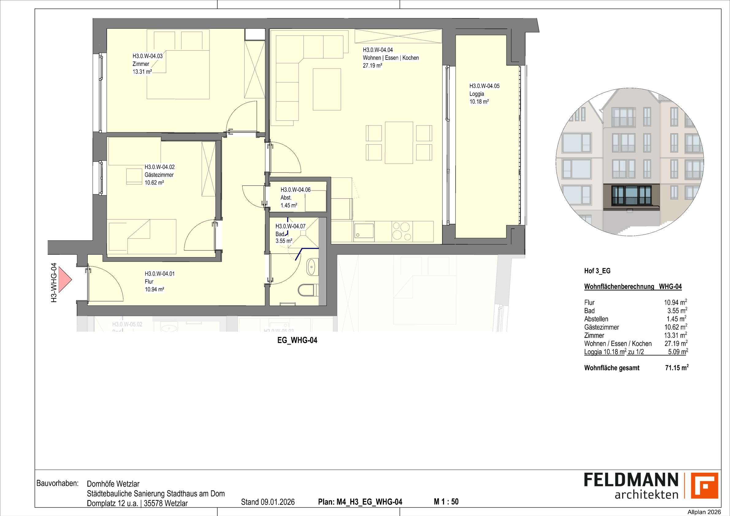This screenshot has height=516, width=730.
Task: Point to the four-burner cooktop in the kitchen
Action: coord(401,231)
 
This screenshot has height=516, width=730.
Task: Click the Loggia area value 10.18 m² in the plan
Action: coord(479,102)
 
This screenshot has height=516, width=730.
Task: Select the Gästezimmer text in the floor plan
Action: coord(159,175)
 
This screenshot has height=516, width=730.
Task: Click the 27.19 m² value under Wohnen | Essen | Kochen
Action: coord(372,66)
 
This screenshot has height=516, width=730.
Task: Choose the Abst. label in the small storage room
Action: coord(286,197)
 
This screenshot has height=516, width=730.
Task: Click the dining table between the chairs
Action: coord(399,142)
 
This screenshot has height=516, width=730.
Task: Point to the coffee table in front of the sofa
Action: coord(327,89)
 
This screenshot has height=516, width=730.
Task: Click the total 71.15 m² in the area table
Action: coord(677,368)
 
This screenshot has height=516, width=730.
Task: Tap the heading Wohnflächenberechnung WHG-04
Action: coord(633,286)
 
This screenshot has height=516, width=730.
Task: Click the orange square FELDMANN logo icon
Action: coord(705,494)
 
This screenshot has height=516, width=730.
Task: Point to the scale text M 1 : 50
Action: coord(446,502)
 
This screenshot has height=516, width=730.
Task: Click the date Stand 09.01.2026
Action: coord(268,502)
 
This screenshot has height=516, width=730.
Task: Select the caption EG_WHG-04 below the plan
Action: coord(297,340)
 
